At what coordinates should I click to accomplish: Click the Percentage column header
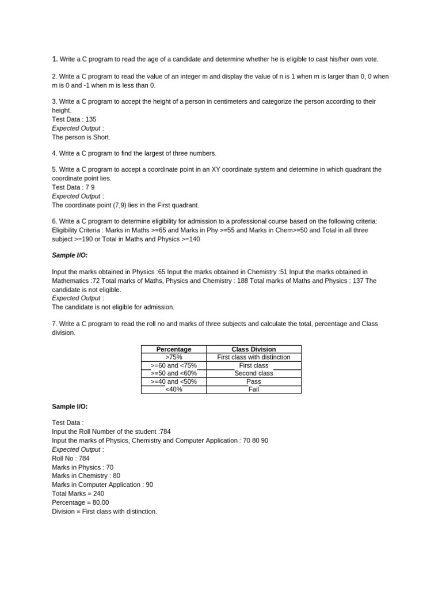[x=174, y=349]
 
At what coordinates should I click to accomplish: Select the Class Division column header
[x=253, y=349]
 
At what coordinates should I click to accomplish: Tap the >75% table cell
[x=174, y=357]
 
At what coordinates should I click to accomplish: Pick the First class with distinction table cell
[x=253, y=357]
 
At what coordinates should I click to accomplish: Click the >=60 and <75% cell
[x=174, y=365]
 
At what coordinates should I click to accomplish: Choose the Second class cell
[x=253, y=373]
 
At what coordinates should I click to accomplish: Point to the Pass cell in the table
[x=253, y=381]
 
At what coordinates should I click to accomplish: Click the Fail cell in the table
[x=253, y=389]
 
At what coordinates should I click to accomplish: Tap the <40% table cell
[x=174, y=389]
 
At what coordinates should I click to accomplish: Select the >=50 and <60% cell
[x=174, y=373]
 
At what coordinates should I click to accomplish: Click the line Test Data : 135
[x=74, y=119]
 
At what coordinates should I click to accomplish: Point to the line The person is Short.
[x=81, y=137]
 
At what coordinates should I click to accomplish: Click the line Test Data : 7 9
[x=73, y=187]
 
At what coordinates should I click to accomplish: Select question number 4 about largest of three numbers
[x=134, y=153]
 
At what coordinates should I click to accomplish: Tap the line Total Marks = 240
[x=78, y=494]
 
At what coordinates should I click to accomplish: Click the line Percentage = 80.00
[x=81, y=502]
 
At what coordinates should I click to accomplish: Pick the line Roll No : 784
[x=71, y=459]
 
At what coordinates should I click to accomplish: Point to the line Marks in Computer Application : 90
[x=102, y=485]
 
